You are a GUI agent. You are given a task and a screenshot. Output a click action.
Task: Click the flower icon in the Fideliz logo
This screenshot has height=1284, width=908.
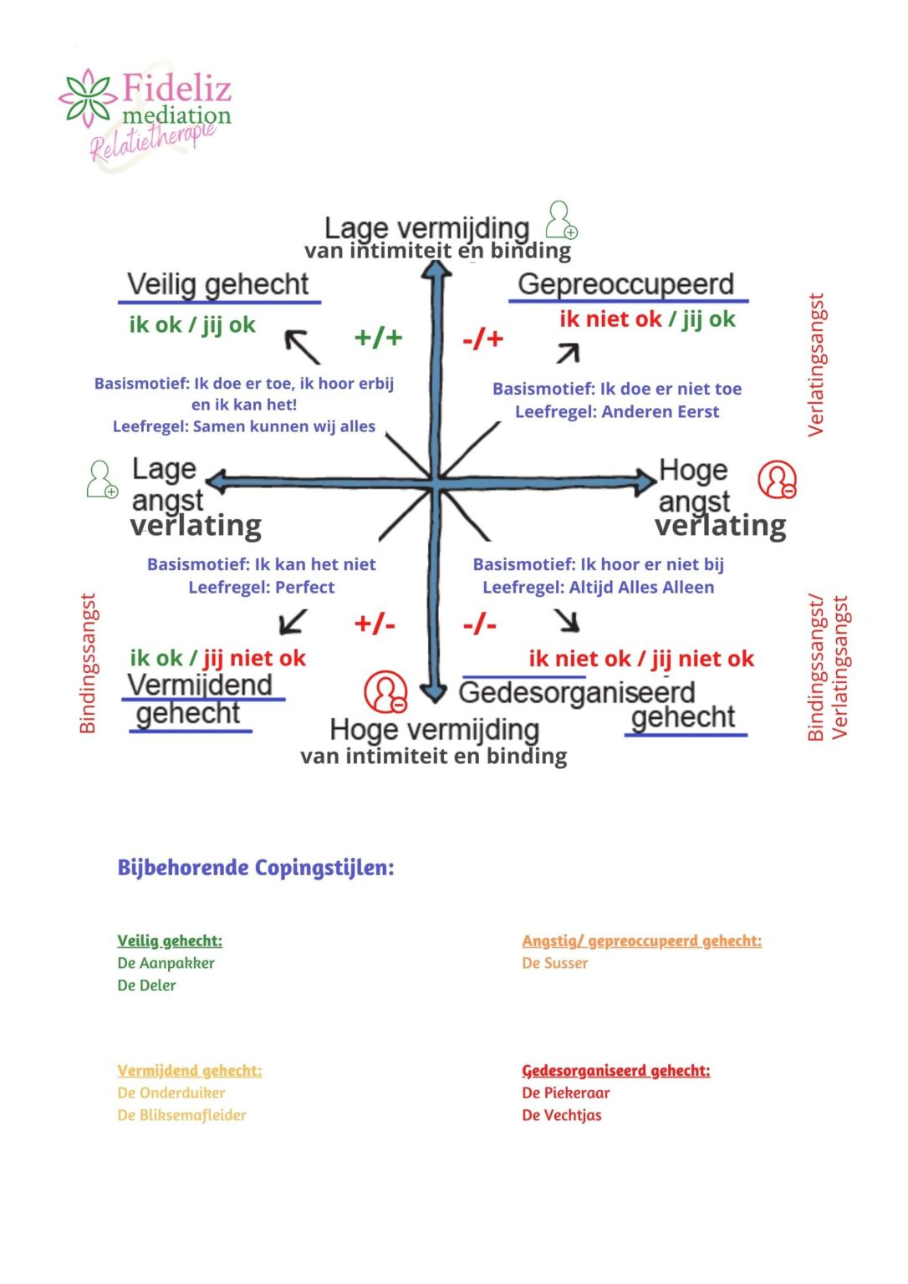point(87,97)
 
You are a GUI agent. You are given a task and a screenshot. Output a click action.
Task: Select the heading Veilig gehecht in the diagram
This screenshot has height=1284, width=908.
point(218,284)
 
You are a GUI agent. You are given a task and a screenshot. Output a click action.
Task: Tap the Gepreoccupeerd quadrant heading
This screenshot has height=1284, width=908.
point(625,284)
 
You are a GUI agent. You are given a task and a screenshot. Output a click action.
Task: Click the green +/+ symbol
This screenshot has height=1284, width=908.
point(379,338)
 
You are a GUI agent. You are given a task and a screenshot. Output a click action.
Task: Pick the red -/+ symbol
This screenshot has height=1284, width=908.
point(483,339)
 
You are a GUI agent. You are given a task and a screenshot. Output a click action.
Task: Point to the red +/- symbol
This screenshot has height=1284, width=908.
point(375,624)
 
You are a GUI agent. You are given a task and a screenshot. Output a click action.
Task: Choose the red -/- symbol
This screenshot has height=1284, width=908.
point(480,624)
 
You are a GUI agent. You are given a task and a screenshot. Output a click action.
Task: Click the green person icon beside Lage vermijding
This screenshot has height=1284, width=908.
point(561,220)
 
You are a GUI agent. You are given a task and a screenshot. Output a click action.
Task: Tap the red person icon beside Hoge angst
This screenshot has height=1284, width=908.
point(777,480)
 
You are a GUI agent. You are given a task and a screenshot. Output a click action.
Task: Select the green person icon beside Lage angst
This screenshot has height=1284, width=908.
point(102,480)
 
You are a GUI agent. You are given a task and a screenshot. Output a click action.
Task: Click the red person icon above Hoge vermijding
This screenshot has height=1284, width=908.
point(385,691)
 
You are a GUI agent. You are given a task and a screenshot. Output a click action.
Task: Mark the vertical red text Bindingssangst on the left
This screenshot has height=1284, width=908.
point(88,664)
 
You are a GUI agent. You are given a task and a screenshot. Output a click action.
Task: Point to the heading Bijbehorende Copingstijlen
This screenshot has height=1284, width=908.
point(256,868)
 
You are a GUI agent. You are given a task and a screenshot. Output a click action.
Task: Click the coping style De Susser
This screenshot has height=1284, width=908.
point(555,963)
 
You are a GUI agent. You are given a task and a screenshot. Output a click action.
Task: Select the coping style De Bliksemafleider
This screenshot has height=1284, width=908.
point(182,1115)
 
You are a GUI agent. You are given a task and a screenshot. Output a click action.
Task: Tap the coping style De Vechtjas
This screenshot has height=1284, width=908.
point(562,1115)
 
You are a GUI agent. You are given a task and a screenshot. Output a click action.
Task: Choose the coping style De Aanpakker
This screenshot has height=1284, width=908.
point(166,963)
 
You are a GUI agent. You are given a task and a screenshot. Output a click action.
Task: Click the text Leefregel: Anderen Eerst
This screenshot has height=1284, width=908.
point(617,411)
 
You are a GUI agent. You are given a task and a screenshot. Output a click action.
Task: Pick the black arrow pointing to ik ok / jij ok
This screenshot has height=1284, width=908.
point(302,347)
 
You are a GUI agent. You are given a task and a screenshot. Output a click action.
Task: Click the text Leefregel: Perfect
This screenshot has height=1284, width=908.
point(262,587)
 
